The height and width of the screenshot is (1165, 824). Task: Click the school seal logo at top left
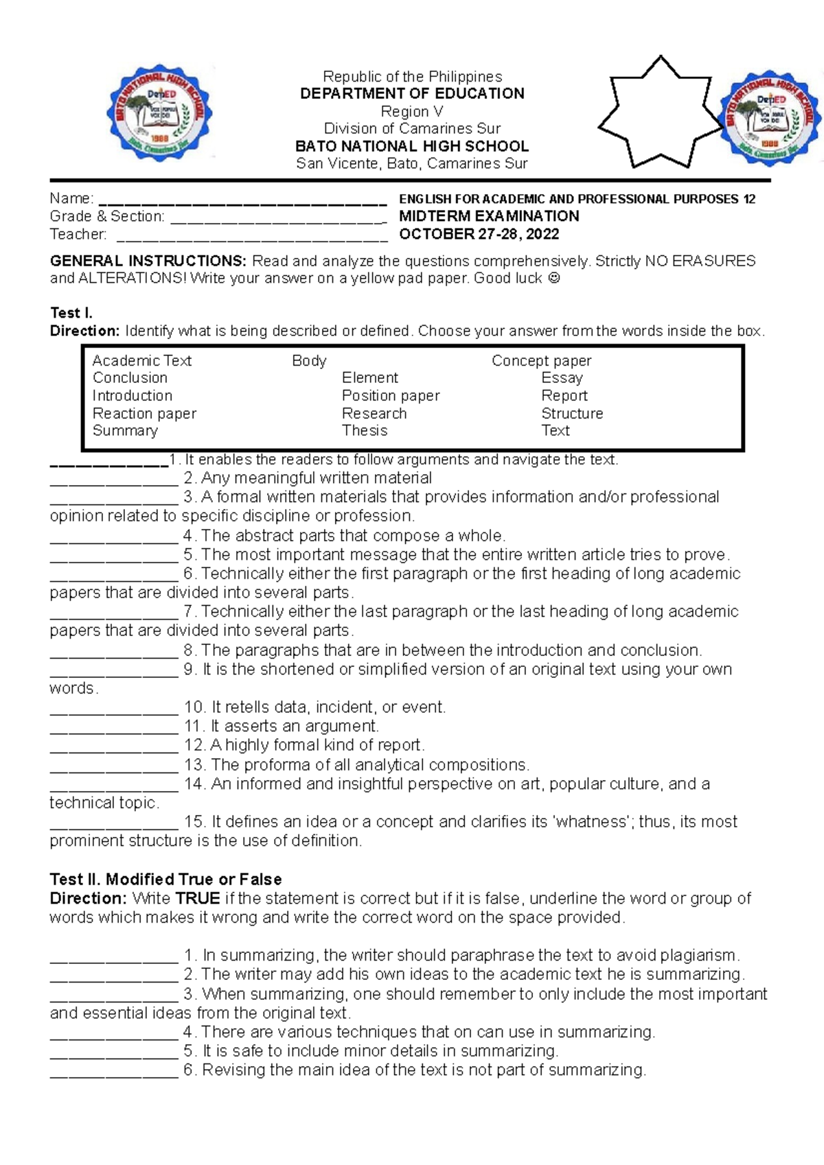(159, 114)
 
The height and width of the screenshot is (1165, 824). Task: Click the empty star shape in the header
(660, 114)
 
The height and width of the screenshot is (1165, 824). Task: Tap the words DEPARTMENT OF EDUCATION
(412, 94)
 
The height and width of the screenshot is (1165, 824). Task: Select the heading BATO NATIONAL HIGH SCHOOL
(412, 146)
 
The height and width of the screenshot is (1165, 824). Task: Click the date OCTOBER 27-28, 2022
(479, 234)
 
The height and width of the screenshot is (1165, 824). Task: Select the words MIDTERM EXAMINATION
(489, 216)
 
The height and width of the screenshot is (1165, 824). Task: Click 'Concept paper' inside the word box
(541, 361)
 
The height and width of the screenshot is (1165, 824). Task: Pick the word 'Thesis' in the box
(365, 431)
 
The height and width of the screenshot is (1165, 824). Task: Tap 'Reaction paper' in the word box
(144, 414)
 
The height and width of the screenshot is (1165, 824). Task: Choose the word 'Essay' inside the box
(562, 378)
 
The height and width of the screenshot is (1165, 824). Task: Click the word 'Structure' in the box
(572, 414)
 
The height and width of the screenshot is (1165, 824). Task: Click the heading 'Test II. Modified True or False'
(165, 880)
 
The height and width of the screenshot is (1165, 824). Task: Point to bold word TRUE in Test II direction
(197, 899)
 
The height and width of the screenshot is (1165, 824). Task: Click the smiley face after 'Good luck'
(555, 279)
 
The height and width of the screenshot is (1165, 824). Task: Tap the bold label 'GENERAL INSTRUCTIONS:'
(148, 261)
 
